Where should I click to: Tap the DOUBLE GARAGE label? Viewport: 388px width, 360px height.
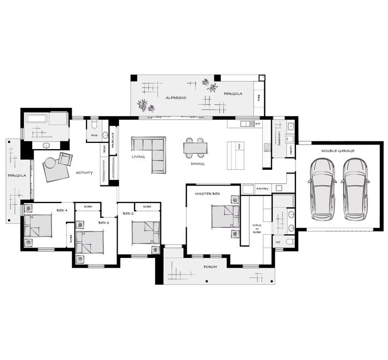coord(337,151)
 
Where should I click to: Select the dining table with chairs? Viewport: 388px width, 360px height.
coord(195,148)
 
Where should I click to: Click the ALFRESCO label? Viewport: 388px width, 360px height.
coord(175,97)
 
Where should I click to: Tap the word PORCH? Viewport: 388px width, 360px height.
coord(210,266)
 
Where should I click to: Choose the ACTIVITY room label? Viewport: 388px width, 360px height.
coord(84,172)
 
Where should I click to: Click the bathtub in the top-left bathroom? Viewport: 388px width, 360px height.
coord(37,119)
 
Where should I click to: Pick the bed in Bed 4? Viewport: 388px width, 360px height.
coord(38,225)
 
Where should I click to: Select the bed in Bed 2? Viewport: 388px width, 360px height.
coord(145,232)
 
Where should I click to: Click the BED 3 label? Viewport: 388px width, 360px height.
coord(103,223)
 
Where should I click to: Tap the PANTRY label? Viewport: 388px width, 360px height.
coord(262,189)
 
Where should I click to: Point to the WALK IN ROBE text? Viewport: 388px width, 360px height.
coord(256,228)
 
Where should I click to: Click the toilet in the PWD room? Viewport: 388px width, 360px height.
coord(94,125)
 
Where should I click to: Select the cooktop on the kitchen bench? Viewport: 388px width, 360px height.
coord(267,147)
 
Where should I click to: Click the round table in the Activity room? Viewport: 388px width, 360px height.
coord(50,163)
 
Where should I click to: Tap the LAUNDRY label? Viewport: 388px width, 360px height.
coord(279,137)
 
